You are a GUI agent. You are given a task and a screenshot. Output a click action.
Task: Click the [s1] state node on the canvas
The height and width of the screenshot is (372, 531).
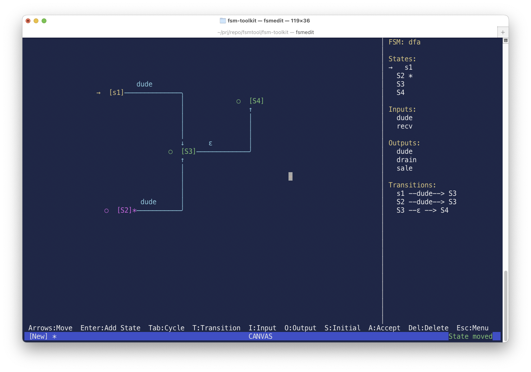pyautogui.click(x=116, y=92)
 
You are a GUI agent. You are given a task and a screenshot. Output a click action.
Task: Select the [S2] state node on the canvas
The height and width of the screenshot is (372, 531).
pyautogui.click(x=124, y=210)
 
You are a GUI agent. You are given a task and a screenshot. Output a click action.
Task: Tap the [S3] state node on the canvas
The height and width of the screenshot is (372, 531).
pyautogui.click(x=188, y=151)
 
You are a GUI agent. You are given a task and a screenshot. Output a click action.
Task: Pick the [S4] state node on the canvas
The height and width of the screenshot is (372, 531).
pyautogui.click(x=256, y=101)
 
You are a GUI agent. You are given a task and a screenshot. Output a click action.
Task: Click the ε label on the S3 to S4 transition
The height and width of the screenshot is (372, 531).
pyautogui.click(x=210, y=143)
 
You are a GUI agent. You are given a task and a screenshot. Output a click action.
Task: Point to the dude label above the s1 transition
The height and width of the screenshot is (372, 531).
pyautogui.click(x=144, y=84)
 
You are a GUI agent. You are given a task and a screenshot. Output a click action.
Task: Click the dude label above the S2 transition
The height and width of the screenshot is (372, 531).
pyautogui.click(x=148, y=202)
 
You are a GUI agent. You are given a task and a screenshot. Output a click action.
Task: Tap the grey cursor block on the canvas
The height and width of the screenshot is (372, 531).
pyautogui.click(x=291, y=176)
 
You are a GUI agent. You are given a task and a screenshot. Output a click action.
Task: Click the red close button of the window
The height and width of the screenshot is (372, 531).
pyautogui.click(x=28, y=21)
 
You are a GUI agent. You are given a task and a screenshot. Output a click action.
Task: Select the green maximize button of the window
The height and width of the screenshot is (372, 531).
pyautogui.click(x=44, y=21)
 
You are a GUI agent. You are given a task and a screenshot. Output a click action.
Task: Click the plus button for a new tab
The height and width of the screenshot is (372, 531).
pyautogui.click(x=503, y=32)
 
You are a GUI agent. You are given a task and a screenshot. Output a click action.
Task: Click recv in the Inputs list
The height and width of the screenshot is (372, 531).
pyautogui.click(x=405, y=126)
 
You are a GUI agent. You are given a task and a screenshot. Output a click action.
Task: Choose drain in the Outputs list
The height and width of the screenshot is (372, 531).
pyautogui.click(x=407, y=160)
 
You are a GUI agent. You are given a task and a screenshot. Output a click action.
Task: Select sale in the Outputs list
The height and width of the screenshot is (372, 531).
pyautogui.click(x=405, y=168)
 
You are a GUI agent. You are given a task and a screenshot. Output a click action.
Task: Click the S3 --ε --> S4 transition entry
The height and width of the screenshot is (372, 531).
pyautogui.click(x=423, y=210)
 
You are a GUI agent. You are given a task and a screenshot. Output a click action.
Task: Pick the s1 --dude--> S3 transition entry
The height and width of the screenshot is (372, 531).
pyautogui.click(x=427, y=193)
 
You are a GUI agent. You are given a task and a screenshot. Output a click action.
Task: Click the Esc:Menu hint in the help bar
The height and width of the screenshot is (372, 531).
pyautogui.click(x=473, y=328)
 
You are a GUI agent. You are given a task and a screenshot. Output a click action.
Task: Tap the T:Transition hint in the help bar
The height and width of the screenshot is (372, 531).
pyautogui.click(x=216, y=328)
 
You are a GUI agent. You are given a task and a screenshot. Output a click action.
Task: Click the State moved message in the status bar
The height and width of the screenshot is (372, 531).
pyautogui.click(x=470, y=336)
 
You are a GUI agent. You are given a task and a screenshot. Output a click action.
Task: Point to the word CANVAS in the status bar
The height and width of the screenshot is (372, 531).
pyautogui.click(x=260, y=336)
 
